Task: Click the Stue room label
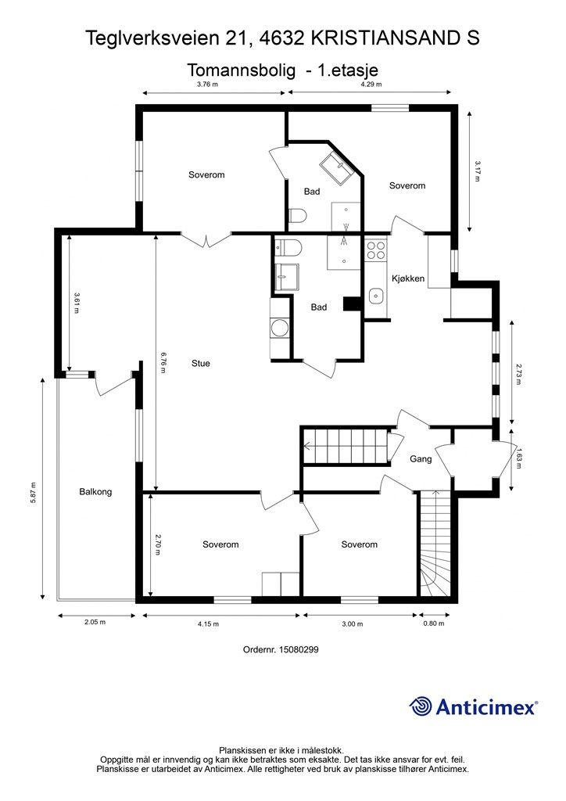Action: pyautogui.click(x=201, y=363)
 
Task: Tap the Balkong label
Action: pyautogui.click(x=95, y=492)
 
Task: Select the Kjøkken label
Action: pyautogui.click(x=408, y=278)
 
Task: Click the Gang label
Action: pyautogui.click(x=421, y=458)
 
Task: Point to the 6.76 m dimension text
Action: pyautogui.click(x=163, y=362)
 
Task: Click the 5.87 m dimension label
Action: pyautogui.click(x=33, y=493)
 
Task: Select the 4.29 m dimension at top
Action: pyautogui.click(x=371, y=84)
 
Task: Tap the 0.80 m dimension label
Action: pyautogui.click(x=434, y=623)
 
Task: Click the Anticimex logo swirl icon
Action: pyautogui.click(x=420, y=706)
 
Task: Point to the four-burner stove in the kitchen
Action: pyautogui.click(x=376, y=250)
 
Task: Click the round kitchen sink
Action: pyautogui.click(x=376, y=295)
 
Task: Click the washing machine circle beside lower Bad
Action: pyautogui.click(x=280, y=328)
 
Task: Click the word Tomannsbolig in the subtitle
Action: pyautogui.click(x=242, y=70)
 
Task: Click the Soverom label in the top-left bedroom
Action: pyautogui.click(x=206, y=174)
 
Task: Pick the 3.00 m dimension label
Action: pyautogui.click(x=352, y=623)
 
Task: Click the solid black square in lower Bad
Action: pyautogui.click(x=352, y=304)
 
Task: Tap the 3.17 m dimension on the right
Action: pyautogui.click(x=478, y=171)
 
